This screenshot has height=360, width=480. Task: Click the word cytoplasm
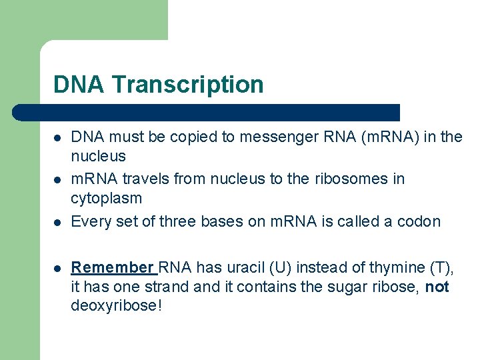point(106,198)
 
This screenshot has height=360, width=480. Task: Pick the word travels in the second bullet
point(148,179)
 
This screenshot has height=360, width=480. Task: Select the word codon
point(420,221)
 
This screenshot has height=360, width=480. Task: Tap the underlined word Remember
point(113,268)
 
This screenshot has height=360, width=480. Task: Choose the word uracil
point(241,268)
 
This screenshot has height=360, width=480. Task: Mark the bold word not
point(437,287)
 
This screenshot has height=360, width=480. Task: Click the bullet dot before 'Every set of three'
point(58,222)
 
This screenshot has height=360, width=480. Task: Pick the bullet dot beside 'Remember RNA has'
point(58,269)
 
